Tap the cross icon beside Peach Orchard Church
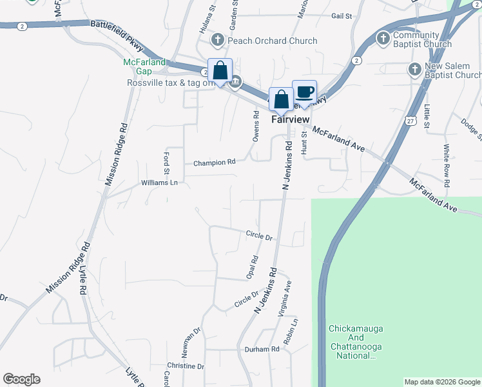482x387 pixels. (217, 41)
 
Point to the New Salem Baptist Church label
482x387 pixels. (450, 70)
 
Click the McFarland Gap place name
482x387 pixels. (144, 66)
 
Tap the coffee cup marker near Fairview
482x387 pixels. (304, 92)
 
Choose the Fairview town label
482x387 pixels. (291, 119)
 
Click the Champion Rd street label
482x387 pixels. (215, 163)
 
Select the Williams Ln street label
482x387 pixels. (159, 183)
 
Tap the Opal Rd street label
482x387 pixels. (254, 267)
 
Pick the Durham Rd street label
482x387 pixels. (262, 349)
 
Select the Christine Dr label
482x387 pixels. (186, 366)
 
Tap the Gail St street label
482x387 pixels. (342, 15)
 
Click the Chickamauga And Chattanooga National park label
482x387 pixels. (356, 342)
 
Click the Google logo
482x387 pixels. (21, 379)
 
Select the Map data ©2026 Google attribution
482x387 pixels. (441, 382)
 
